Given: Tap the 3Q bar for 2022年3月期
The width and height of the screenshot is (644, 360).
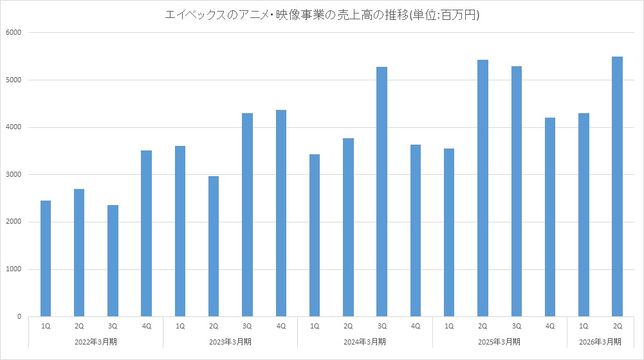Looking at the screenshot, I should coord(113,260).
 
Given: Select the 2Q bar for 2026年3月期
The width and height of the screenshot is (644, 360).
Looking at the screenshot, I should coord(617,186).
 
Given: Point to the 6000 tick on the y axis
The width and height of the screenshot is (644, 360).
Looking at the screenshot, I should coord(14,33).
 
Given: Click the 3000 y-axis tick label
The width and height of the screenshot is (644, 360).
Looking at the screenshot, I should coord(14,175).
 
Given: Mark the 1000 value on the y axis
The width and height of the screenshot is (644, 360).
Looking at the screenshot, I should coord(14,269).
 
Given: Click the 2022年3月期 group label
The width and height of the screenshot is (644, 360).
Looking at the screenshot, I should coord(96,341).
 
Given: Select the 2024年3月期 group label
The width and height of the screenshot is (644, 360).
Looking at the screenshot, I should coord(365,341).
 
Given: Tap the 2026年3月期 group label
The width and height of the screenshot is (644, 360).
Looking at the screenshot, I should coord(600,341).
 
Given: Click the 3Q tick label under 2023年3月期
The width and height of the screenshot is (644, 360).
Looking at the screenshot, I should coord(247,327).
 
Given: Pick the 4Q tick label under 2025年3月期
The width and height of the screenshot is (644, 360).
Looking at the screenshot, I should coord(550,327).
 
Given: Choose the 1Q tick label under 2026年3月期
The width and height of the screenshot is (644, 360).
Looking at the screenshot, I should coord(584,327).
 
